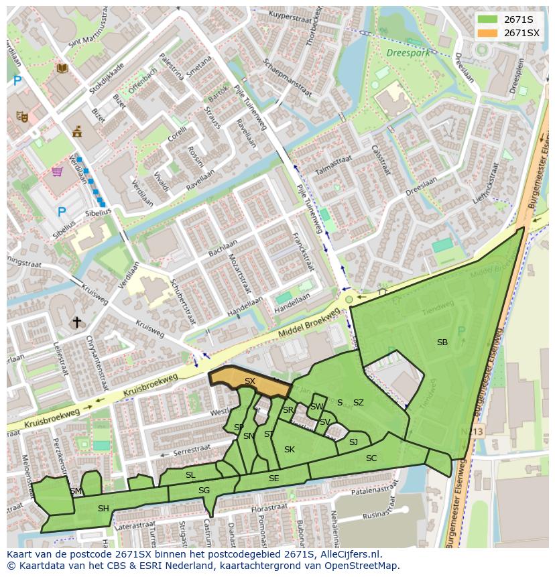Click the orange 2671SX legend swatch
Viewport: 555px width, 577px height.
pyautogui.click(x=487, y=33)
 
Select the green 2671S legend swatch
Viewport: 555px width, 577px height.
pyautogui.click(x=487, y=19)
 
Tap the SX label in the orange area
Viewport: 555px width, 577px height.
pyautogui.click(x=250, y=381)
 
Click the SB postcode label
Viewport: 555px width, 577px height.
pyautogui.click(x=442, y=342)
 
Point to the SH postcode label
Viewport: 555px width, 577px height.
pyautogui.click(x=103, y=509)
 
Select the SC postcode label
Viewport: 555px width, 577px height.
pyautogui.click(x=371, y=458)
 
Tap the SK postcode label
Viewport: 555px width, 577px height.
pyautogui.click(x=290, y=449)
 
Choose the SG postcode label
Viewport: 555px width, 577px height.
pyautogui.click(x=204, y=491)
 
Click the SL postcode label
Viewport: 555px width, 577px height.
pyautogui.click(x=190, y=475)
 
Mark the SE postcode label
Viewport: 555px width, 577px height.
pyautogui.click(x=273, y=478)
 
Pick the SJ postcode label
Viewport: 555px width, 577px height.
pyautogui.click(x=353, y=442)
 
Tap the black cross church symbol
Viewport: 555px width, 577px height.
pyautogui.click(x=77, y=322)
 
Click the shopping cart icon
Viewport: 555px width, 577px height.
pyautogui.click(x=58, y=172)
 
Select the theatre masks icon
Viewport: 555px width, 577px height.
pyautogui.click(x=22, y=116)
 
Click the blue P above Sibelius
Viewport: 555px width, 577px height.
pyautogui.click(x=62, y=212)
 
